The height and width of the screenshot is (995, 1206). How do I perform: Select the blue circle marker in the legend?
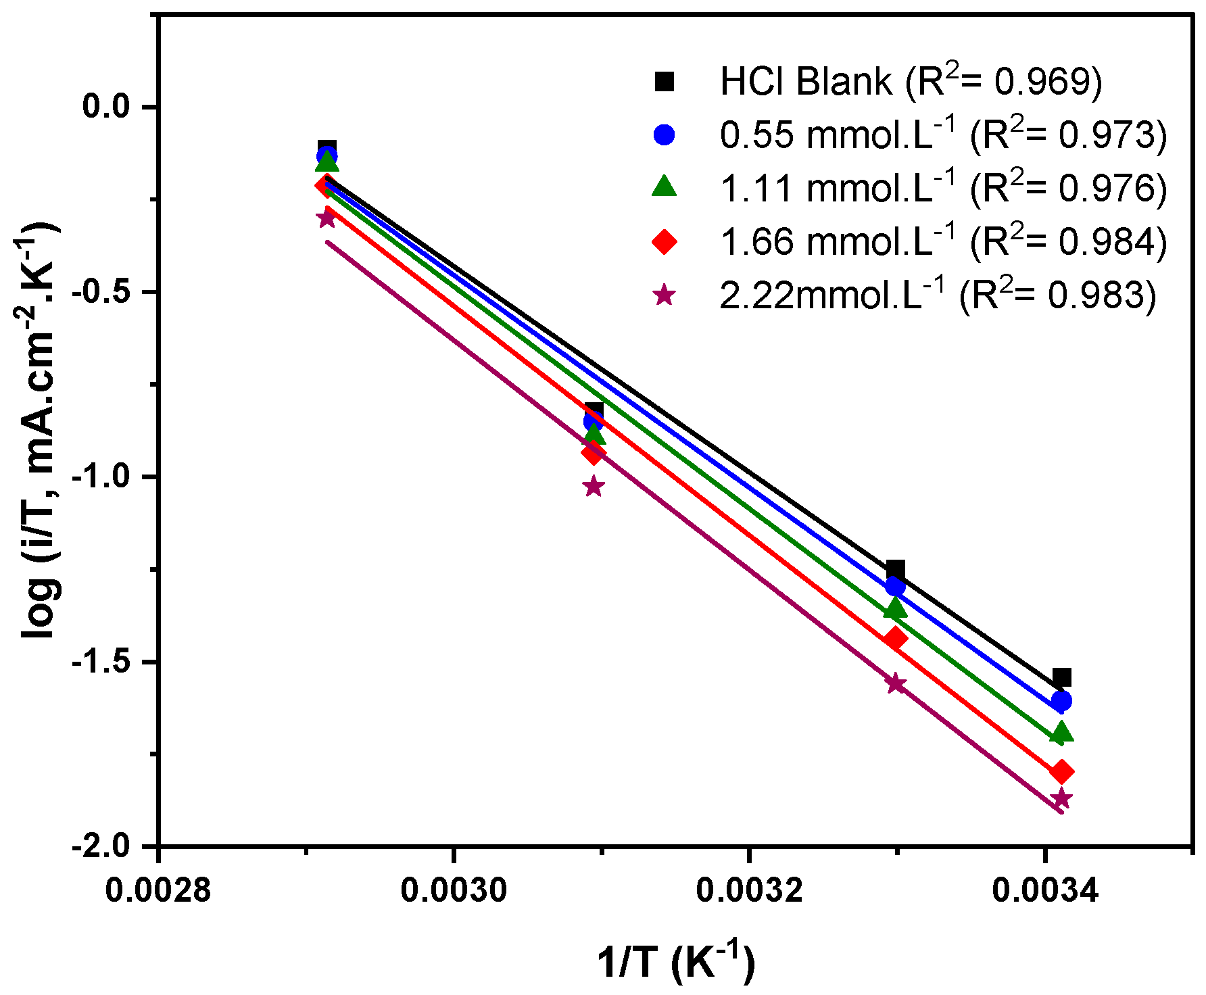click(665, 135)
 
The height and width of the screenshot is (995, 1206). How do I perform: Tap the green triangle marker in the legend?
click(665, 187)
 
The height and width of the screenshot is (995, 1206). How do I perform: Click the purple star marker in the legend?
click(665, 295)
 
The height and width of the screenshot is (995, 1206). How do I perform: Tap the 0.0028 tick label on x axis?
click(158, 890)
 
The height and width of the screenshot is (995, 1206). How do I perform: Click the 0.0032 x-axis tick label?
click(749, 890)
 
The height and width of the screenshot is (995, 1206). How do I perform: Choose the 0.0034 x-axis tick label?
click(1045, 890)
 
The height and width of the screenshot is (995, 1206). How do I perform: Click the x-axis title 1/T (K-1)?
click(676, 962)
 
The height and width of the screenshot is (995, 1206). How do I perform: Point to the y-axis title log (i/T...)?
click(41, 433)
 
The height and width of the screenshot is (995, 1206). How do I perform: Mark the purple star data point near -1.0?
click(594, 487)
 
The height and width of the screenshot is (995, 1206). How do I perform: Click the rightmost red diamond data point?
click(1061, 771)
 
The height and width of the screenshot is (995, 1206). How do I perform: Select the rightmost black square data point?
click(1061, 677)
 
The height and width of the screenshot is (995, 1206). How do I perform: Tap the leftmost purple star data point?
click(327, 218)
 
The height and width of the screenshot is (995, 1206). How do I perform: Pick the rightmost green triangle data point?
click(1061, 733)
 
